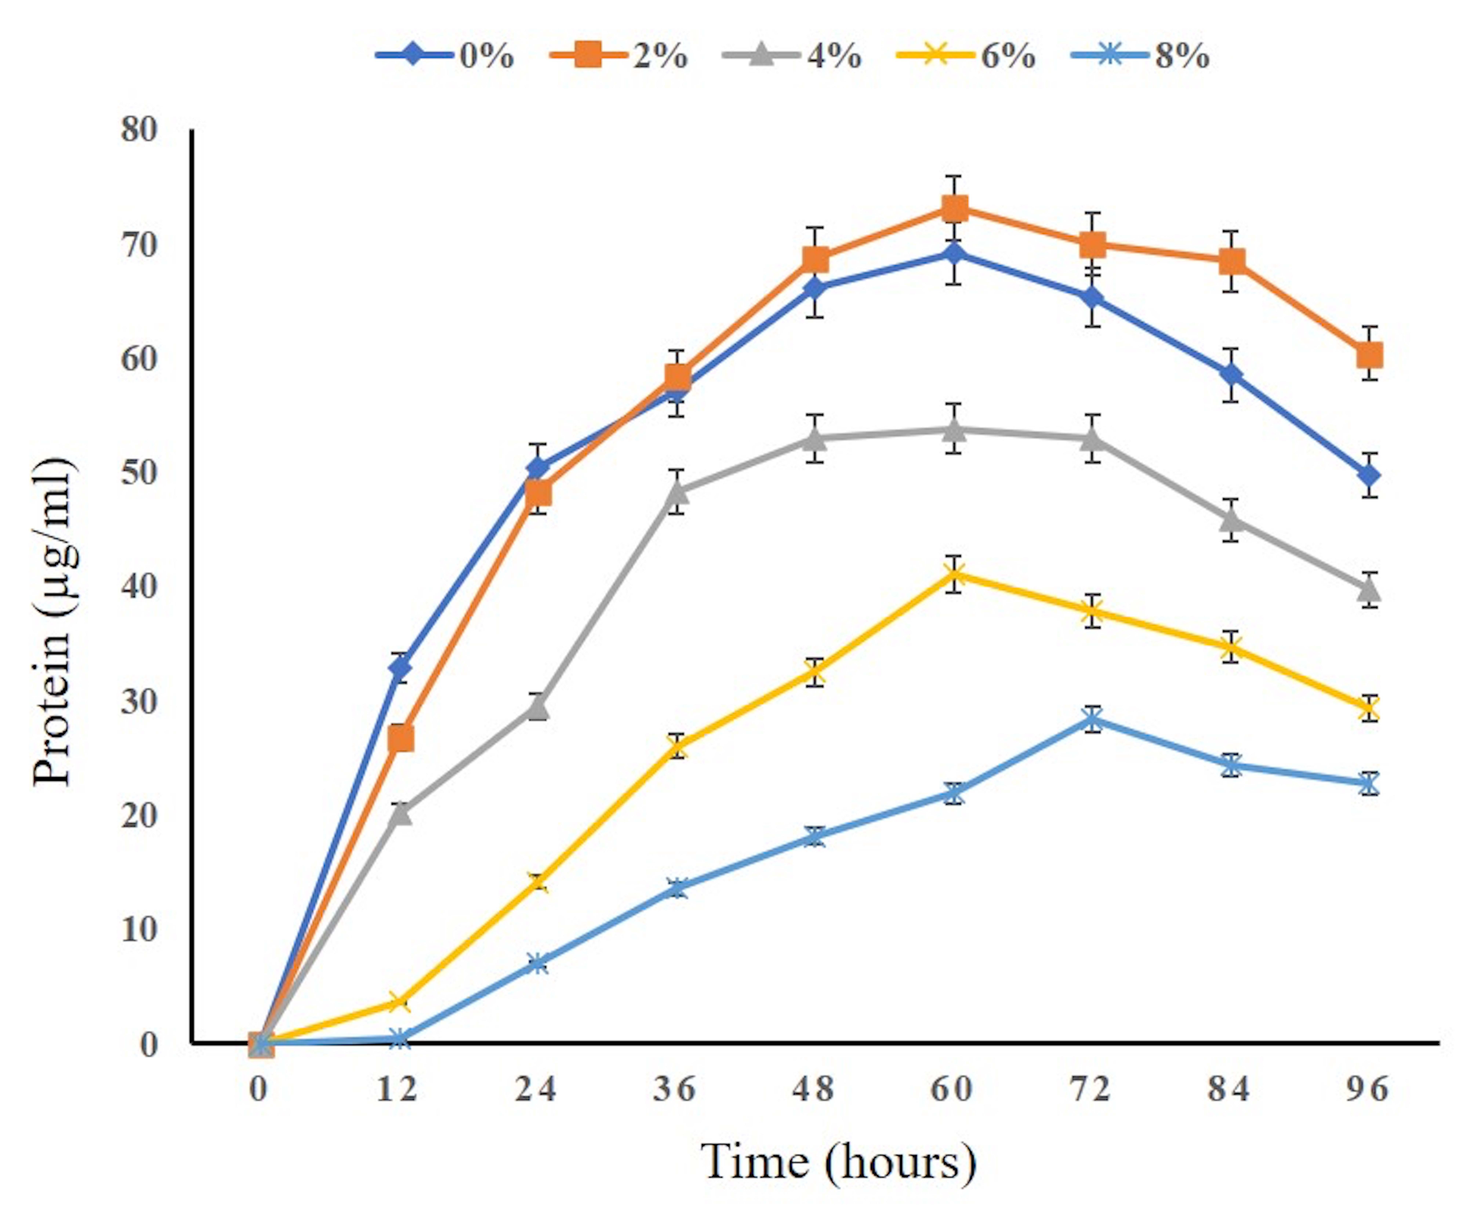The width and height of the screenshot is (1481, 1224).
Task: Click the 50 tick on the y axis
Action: [x=139, y=472]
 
